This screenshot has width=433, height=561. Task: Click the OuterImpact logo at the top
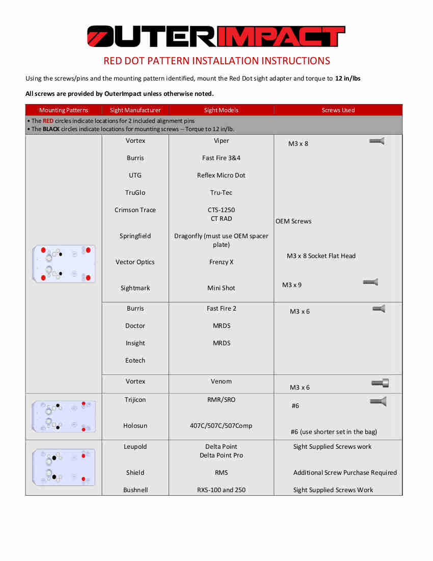coord(216,36)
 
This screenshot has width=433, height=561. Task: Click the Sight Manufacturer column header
coord(135,110)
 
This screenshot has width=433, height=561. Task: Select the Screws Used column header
coord(338,110)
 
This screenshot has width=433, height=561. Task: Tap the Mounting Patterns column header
coord(64,110)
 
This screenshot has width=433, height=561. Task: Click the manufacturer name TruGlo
coord(135,193)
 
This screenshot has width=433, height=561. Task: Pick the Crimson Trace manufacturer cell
coord(135,210)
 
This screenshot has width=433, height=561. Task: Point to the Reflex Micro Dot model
coord(221,175)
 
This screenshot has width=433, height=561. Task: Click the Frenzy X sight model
coord(221,262)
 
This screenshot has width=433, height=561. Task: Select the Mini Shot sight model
coord(221,288)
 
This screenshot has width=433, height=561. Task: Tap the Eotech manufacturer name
coord(135,361)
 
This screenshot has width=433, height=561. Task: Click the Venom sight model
coord(221,381)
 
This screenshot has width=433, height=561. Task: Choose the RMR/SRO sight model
coord(221,400)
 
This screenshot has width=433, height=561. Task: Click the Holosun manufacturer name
coord(135,426)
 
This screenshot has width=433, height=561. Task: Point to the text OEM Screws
coord(293,221)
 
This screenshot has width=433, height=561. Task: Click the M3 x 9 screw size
coord(292,285)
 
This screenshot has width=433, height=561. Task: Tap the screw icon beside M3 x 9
coord(370,282)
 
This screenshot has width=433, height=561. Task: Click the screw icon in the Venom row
coord(380,383)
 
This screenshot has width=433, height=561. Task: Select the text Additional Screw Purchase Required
coord(345,473)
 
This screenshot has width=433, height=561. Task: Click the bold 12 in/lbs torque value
coord(347,79)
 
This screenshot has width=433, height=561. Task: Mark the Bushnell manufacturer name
coord(135,490)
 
